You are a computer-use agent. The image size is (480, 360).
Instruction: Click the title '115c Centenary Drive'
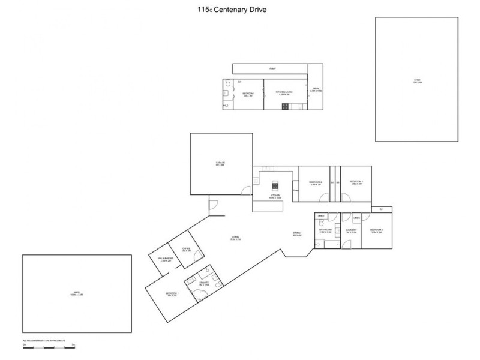coord(240,10)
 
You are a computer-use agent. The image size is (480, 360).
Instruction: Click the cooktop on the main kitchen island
coord(275,184)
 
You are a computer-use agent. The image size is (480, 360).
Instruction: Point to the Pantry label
coord(295,191)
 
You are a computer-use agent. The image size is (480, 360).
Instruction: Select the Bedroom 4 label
coord(376,231)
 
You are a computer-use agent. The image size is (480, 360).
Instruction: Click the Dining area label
coord(296,234)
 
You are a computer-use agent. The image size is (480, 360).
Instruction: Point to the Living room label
coord(236,238)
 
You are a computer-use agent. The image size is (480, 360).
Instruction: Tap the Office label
coord(185,250)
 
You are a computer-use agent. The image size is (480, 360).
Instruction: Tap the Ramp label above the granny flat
coord(272,68)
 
